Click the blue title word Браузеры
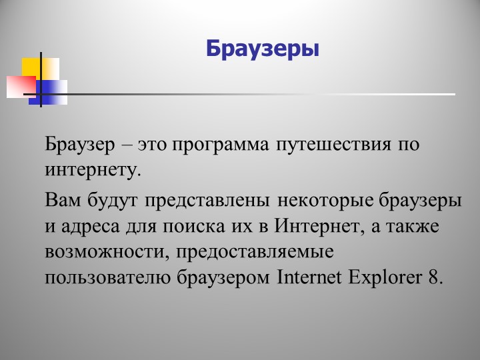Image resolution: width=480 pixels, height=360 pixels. pyautogui.click(x=263, y=49)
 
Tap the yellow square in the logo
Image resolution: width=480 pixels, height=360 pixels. pyautogui.click(x=41, y=69)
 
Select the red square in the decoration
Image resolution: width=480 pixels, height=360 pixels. pyautogui.click(x=21, y=87)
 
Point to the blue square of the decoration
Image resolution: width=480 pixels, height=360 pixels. pyautogui.click(x=48, y=93)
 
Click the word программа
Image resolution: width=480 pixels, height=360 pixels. pyautogui.click(x=221, y=145)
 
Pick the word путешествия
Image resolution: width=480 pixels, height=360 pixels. pyautogui.click(x=334, y=145)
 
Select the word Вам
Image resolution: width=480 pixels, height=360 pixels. pyautogui.click(x=63, y=201)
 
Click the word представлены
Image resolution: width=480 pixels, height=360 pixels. pyautogui.click(x=207, y=201)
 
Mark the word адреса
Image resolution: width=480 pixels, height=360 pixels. pyautogui.click(x=90, y=227)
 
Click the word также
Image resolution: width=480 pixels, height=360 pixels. pyautogui.click(x=412, y=227)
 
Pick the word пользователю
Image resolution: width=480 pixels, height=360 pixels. pyautogui.click(x=107, y=278)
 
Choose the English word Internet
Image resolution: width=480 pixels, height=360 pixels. pyautogui.click(x=309, y=277)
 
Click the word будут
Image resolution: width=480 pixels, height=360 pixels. pyautogui.click(x=112, y=201)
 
